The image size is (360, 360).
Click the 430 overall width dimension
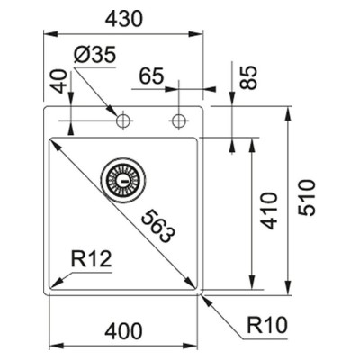point(123,19)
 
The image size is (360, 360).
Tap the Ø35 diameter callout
point(94,55)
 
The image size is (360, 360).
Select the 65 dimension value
point(152,76)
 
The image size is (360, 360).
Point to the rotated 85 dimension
point(249,77)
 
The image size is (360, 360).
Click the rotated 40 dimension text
point(58,81)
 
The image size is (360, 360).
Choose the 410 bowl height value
point(268,211)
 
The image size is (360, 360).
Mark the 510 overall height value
point(307,198)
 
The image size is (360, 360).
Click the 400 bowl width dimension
point(123,331)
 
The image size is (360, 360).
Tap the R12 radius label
point(91,259)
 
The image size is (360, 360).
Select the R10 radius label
point(267,325)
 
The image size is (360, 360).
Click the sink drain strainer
point(123,180)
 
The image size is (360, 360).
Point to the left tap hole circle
point(122,121)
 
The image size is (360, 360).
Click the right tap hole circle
point(179,121)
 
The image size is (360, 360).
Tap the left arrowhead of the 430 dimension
point(50,34)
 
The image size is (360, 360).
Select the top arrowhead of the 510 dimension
point(289,113)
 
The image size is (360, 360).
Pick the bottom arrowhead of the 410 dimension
point(252,283)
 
